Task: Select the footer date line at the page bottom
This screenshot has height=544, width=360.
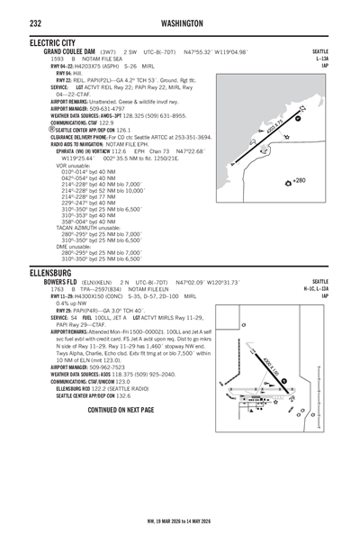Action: (x=180, y=521)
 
